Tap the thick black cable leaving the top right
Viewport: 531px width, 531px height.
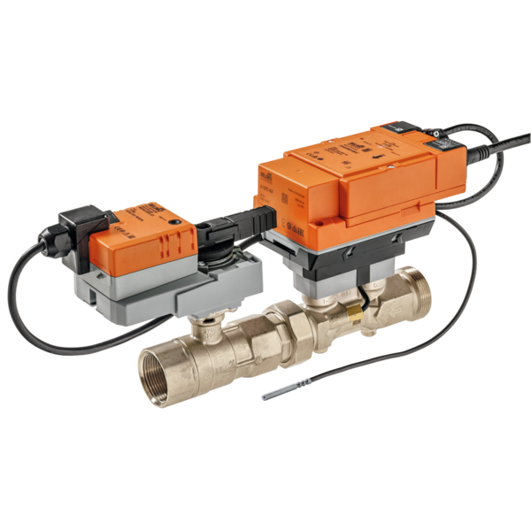point(496,144)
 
